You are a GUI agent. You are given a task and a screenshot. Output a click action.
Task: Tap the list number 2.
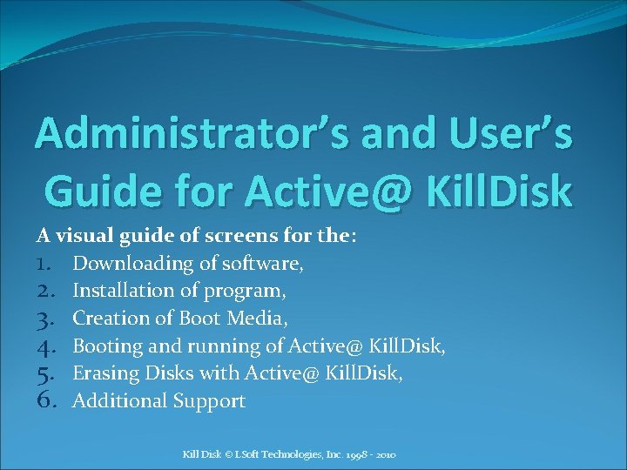point(46,291)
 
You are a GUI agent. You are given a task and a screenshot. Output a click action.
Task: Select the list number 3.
point(46,319)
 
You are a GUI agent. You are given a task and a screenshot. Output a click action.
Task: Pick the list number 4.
point(46,346)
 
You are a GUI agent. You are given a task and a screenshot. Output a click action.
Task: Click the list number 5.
point(46,373)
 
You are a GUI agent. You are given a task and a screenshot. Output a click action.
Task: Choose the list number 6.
point(46,401)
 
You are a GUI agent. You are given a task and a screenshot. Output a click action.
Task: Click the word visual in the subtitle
point(81,236)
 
